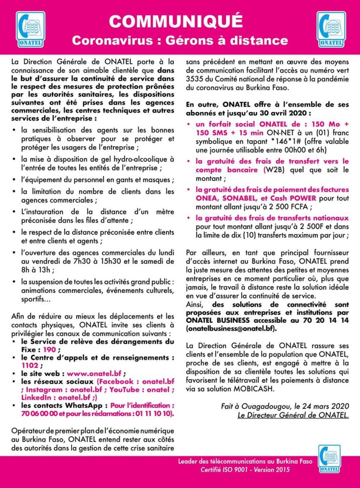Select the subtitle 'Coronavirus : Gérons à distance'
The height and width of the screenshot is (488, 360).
pos(180,41)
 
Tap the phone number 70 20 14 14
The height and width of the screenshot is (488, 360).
pos(329,320)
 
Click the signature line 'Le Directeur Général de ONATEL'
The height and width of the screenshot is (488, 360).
pos(293,415)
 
